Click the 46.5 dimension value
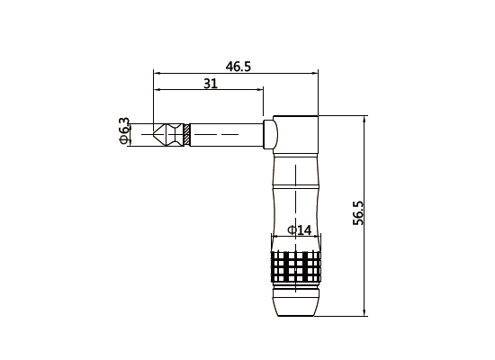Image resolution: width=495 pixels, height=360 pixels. (x=238, y=67)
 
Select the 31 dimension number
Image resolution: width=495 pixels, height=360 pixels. (x=211, y=83)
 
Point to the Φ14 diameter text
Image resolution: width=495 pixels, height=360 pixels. (x=299, y=230)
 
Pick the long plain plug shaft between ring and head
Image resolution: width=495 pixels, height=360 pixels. (x=225, y=134)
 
